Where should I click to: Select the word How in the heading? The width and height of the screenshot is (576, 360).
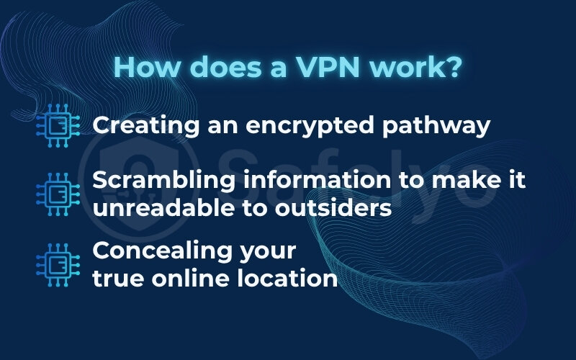click(143, 68)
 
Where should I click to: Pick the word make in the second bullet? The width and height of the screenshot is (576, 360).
click(458, 181)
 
